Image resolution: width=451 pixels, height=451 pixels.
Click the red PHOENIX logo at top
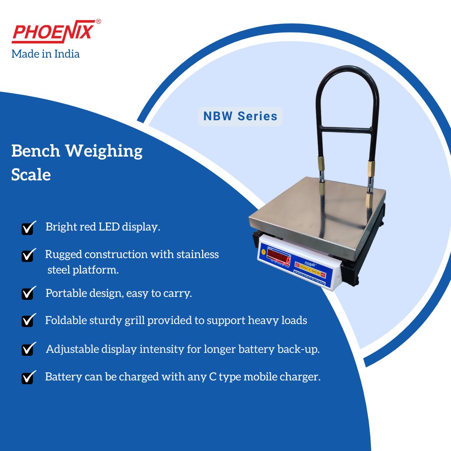(52, 33)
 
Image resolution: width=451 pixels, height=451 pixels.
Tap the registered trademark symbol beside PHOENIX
(98, 21)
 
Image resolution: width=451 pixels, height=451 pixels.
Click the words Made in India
(46, 54)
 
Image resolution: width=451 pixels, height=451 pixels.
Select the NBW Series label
(240, 116)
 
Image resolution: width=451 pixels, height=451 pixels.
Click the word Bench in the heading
(36, 151)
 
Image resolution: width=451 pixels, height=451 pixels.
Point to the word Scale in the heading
(31, 175)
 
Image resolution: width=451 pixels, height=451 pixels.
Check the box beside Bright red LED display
(28, 228)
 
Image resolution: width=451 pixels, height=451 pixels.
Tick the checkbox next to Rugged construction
(28, 255)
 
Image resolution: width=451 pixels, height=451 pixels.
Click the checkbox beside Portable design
(28, 294)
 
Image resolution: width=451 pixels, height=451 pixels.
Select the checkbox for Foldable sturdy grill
(28, 321)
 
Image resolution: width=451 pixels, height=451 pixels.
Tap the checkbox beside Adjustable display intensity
(28, 349)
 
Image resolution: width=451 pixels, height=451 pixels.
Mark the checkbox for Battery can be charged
(28, 377)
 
